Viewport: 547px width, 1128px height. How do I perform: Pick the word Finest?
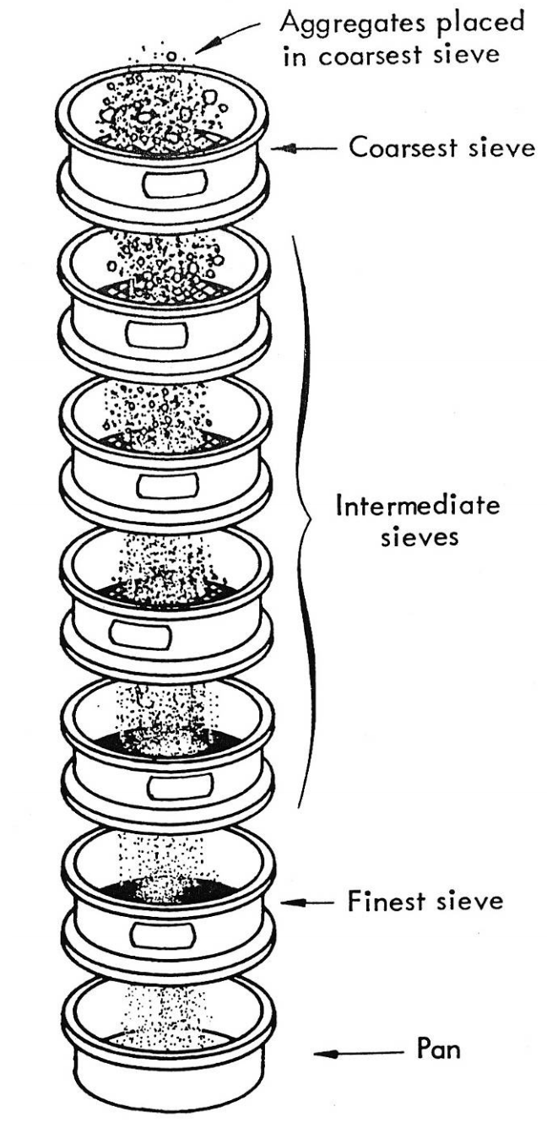tap(384, 902)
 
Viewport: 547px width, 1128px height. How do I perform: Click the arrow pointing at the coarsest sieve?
tap(309, 149)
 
